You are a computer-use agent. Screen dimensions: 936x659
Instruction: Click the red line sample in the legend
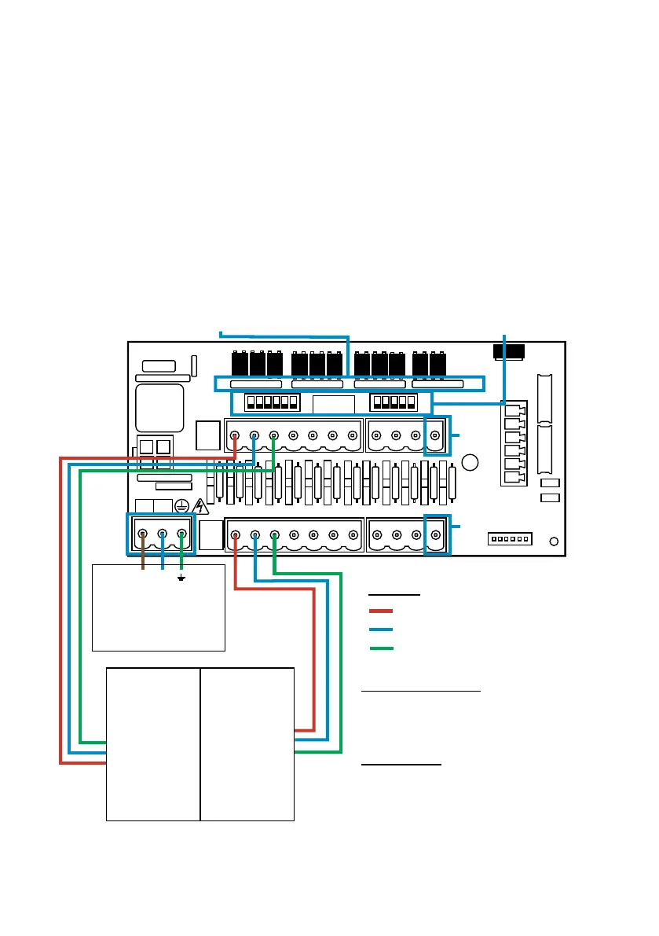(381, 611)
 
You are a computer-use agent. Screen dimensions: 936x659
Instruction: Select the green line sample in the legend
(381, 648)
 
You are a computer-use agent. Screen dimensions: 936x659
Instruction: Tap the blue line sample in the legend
(381, 630)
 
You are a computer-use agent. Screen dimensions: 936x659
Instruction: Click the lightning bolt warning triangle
(200, 506)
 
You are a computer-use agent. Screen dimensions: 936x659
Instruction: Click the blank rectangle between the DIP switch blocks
(334, 404)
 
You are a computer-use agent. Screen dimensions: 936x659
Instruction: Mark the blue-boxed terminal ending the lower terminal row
(436, 535)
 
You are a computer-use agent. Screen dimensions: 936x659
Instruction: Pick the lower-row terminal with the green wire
(274, 535)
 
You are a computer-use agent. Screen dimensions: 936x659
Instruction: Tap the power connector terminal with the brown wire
(143, 534)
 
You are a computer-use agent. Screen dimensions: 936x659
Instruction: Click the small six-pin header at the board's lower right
(511, 538)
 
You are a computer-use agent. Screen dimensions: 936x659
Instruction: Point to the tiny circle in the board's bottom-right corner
(555, 541)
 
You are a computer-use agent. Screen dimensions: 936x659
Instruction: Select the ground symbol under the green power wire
(181, 578)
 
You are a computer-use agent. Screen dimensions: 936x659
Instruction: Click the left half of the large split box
(153, 744)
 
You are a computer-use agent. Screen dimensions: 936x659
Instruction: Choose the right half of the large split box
(247, 744)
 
